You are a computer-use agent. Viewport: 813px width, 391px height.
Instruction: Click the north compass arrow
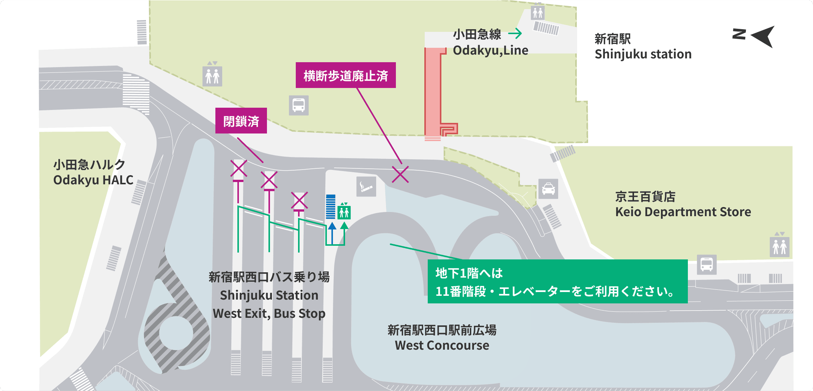(x=762, y=36)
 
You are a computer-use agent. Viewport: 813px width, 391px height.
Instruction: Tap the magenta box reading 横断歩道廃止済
(x=345, y=75)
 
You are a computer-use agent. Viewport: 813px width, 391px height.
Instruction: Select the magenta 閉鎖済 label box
(x=241, y=121)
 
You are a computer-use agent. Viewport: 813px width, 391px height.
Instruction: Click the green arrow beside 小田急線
(x=515, y=34)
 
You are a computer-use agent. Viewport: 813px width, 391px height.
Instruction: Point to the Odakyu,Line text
(x=490, y=50)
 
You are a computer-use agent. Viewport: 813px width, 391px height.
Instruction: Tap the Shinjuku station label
(x=643, y=54)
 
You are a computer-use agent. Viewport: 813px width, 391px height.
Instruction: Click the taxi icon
(x=548, y=189)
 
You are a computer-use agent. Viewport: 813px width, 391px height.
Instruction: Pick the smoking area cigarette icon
(x=366, y=187)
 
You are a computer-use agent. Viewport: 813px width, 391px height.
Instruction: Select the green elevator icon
(x=344, y=212)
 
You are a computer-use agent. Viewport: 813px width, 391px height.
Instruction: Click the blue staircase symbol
(x=331, y=207)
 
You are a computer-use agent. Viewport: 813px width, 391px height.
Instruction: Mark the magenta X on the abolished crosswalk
(x=400, y=174)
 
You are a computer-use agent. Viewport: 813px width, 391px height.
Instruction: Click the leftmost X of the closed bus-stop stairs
(x=239, y=169)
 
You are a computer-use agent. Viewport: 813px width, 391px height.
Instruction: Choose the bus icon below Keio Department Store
(x=706, y=264)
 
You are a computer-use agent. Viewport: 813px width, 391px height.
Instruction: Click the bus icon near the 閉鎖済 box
(x=298, y=105)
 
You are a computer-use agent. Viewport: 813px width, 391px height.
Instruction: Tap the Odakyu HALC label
(x=93, y=180)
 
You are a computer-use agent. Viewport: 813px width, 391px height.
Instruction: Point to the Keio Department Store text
(x=683, y=212)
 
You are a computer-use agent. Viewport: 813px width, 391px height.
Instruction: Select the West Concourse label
(x=442, y=345)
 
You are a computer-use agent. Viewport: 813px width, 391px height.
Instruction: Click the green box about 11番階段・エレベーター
(x=557, y=281)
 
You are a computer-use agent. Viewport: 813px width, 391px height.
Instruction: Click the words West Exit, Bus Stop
(x=269, y=314)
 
